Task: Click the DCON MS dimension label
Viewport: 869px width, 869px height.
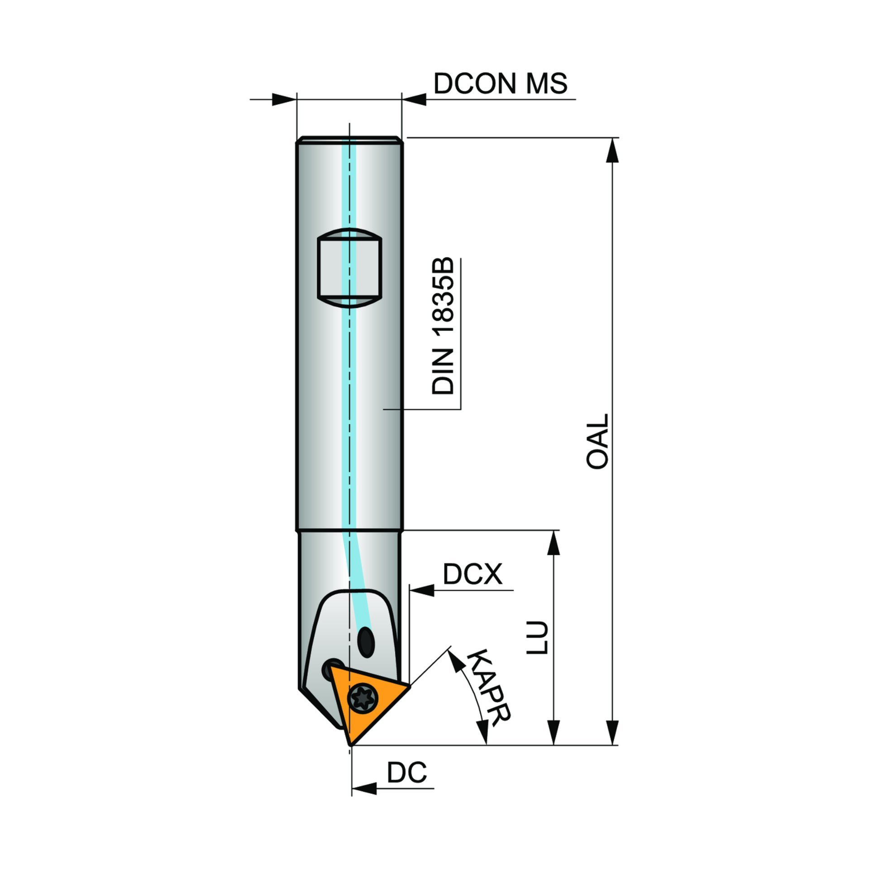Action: tap(500, 84)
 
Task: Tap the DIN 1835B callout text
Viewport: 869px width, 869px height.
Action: tap(443, 326)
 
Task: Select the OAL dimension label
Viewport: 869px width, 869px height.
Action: tap(597, 441)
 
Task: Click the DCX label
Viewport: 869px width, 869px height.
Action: tap(473, 574)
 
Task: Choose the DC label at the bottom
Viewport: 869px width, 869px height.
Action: tap(407, 773)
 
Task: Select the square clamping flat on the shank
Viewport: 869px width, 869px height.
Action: tap(349, 268)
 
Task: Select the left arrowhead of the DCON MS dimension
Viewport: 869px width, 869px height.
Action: tap(284, 99)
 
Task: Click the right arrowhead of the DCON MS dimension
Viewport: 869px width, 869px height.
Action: tap(414, 99)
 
